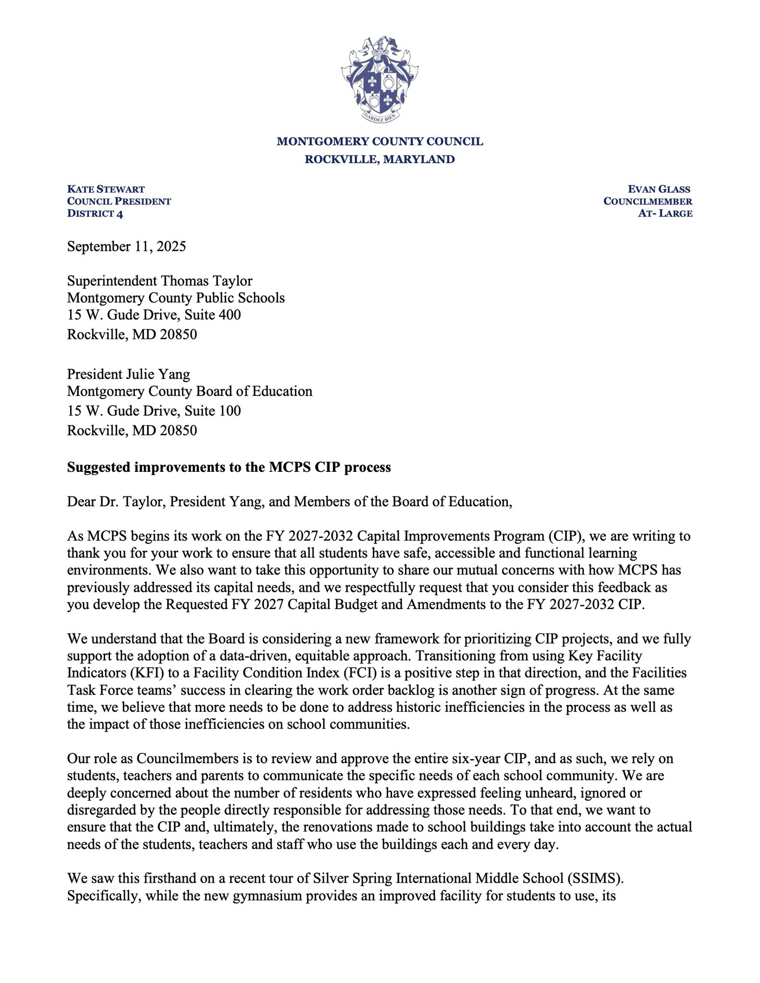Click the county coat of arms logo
click(x=380, y=79)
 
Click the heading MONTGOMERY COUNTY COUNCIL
click(x=380, y=142)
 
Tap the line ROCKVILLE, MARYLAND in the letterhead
click(x=380, y=159)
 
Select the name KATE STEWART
click(x=106, y=189)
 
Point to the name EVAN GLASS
click(x=659, y=189)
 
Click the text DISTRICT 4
click(x=95, y=214)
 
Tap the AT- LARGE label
click(x=665, y=214)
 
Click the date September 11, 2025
click(x=126, y=247)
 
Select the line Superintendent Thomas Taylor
click(x=159, y=281)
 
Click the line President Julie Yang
click(x=128, y=374)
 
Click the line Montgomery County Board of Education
click(x=190, y=392)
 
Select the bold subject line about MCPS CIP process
click(x=229, y=468)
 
